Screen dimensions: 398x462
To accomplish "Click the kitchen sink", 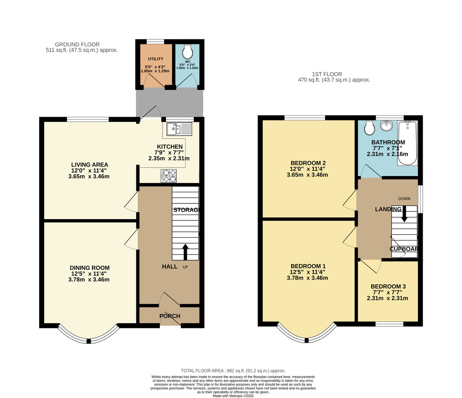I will tap(179, 129).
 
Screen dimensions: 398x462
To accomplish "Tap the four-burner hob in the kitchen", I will tap(169, 176).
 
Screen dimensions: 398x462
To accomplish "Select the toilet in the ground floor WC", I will tap(187, 51).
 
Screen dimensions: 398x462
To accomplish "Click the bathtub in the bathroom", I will tap(407, 143).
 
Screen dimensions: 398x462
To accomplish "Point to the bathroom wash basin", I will tap(386, 126).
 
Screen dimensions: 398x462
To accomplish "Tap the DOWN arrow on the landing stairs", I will tap(404, 214).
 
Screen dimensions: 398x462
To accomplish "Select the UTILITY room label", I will tap(156, 59).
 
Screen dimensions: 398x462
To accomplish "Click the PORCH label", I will tap(170, 316).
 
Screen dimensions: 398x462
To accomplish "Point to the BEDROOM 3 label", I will tap(388, 287).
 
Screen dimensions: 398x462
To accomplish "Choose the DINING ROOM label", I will tap(90, 268).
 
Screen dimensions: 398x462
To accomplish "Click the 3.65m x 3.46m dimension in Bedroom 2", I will tap(307, 175).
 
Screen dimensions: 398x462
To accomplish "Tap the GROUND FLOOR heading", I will tap(77, 44).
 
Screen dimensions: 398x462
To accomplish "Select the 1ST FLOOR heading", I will tap(327, 74).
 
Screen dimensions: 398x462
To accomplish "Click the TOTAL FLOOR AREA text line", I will tap(233, 371).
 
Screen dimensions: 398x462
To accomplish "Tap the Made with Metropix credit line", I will tap(233, 396).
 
